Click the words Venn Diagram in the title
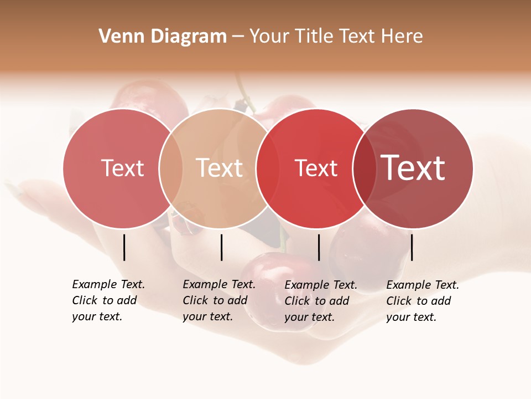[163, 37]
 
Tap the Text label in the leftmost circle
[122, 168]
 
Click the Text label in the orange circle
[219, 168]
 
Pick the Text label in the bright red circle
[316, 168]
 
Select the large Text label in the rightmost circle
[413, 168]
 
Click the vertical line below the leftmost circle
[124, 247]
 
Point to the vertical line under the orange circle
[221, 247]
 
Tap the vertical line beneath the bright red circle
[319, 247]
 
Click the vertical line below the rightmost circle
[412, 247]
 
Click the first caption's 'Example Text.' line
[108, 284]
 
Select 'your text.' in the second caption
[207, 316]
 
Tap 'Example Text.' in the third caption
[321, 285]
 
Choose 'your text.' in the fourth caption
[411, 317]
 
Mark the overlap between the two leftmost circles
[171, 168]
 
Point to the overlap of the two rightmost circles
[365, 168]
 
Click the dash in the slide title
[238, 37]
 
